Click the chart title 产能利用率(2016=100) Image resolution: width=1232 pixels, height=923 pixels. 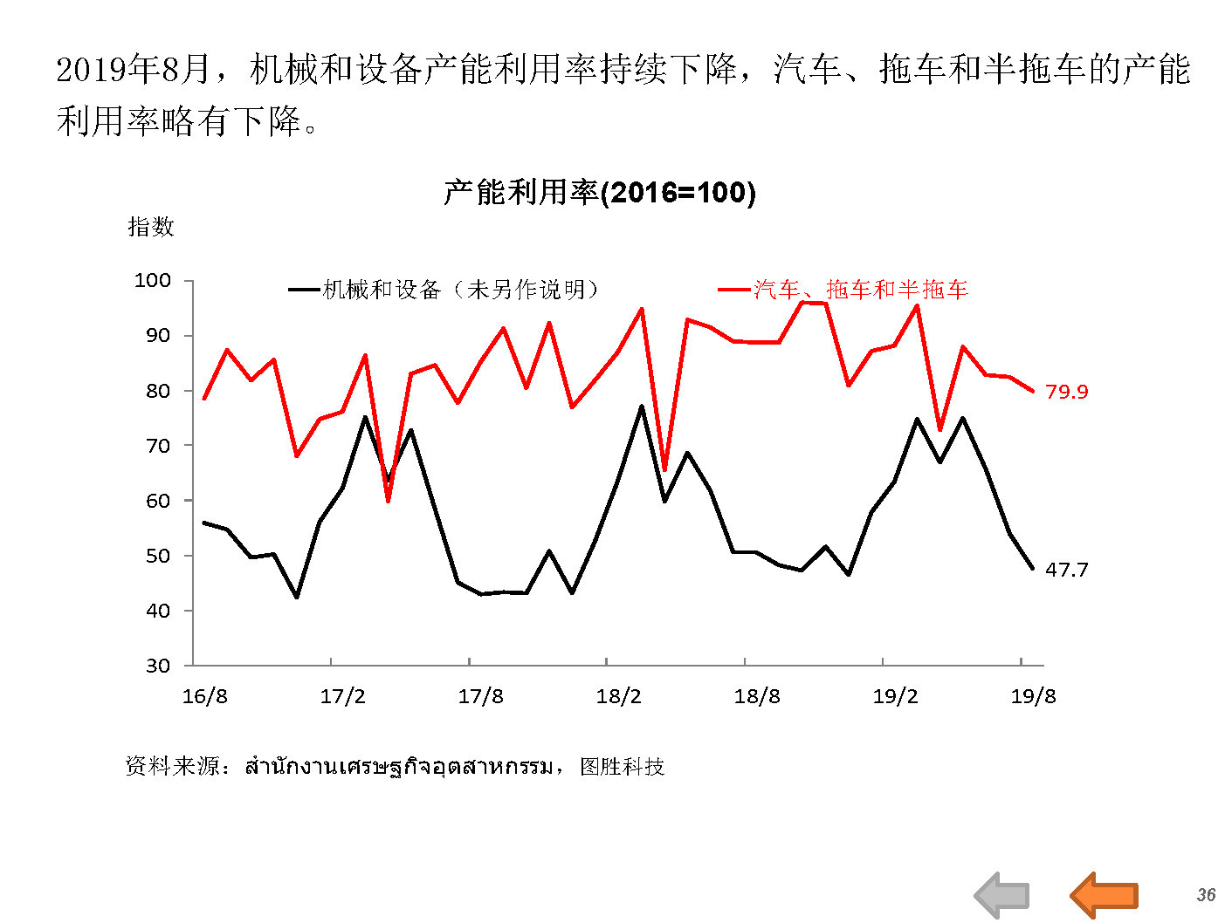[x=599, y=192]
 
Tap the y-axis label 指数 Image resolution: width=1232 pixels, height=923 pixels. [x=151, y=227]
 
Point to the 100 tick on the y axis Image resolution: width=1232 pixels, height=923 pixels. [x=153, y=280]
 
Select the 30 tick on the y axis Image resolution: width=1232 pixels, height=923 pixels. [x=158, y=666]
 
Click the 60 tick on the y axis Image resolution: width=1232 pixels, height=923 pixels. [x=158, y=501]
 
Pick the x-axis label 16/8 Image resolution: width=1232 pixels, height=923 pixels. [x=204, y=696]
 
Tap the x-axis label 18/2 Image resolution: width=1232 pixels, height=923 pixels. [x=618, y=696]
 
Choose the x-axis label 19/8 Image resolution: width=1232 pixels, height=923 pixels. [x=1033, y=696]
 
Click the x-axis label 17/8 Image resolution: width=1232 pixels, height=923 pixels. [x=480, y=696]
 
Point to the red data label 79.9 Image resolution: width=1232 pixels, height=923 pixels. [x=1066, y=392]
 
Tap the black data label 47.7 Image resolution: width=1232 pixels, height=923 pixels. [x=1066, y=570]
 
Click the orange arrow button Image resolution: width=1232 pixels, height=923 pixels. [x=1105, y=894]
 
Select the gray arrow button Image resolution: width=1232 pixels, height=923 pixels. [x=1002, y=895]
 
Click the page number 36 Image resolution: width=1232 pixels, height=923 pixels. [x=1206, y=895]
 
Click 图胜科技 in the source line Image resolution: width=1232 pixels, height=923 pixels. [x=622, y=767]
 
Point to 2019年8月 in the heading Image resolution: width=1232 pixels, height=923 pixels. [x=133, y=70]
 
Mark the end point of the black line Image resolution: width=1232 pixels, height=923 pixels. [x=1033, y=569]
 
